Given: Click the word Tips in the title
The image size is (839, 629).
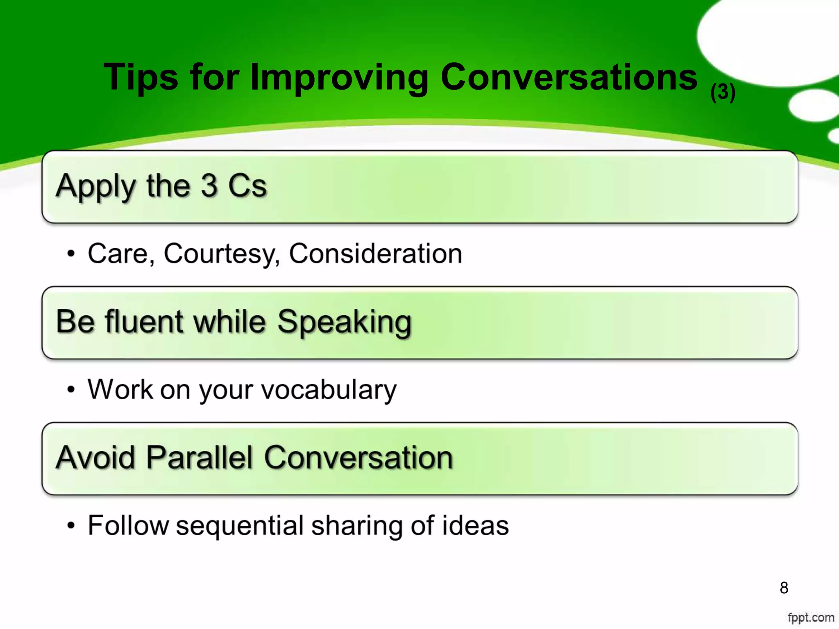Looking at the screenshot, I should click(141, 78).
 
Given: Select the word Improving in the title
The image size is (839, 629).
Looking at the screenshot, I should click(339, 78).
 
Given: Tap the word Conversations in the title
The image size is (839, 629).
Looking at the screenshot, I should click(569, 77).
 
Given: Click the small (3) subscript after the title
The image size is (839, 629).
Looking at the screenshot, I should click(723, 92).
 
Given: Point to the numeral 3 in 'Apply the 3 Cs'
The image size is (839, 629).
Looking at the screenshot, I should click(209, 186).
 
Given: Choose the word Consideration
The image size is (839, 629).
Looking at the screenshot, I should click(375, 253).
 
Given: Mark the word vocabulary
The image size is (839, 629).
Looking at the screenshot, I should click(329, 389).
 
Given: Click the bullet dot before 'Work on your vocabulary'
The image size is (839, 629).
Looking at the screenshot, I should click(71, 389).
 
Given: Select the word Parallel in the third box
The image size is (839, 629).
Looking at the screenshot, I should click(199, 457).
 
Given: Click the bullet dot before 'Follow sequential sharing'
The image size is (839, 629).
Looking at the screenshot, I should click(71, 525).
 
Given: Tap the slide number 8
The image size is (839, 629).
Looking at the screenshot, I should click(784, 588).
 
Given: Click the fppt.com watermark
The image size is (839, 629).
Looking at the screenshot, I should click(811, 617).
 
